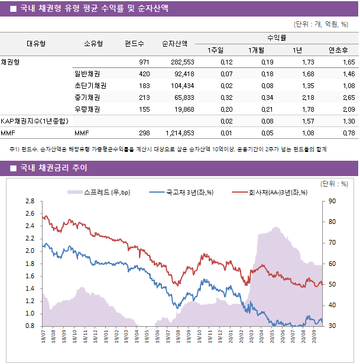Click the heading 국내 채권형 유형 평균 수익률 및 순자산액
pyautogui.click(x=93, y=8)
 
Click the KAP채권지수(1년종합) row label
pyautogui.click(x=34, y=121)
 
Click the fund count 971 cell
pyautogui.click(x=144, y=62)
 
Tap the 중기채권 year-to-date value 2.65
pyautogui.click(x=348, y=97)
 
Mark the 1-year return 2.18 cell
pyautogui.click(x=307, y=97)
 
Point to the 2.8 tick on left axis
pyautogui.click(x=30, y=201)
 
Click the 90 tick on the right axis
pyautogui.click(x=333, y=201)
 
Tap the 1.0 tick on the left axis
pyautogui.click(x=30, y=314)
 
